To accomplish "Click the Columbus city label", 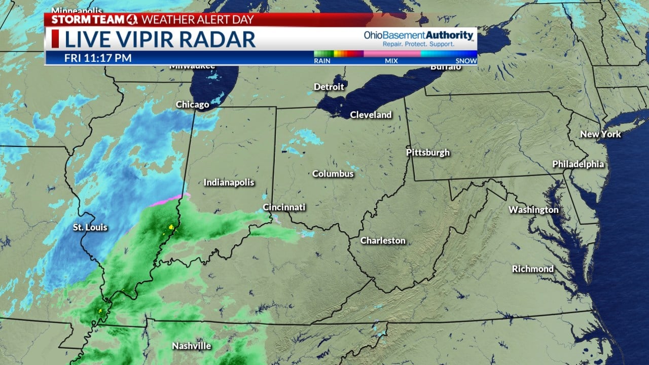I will click(333, 174).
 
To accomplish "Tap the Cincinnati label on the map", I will click(283, 207).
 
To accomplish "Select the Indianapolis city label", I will click(229, 182).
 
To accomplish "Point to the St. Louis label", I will click(90, 227).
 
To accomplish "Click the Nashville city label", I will click(191, 346).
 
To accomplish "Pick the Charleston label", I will click(382, 241).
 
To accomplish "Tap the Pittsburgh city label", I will click(427, 152).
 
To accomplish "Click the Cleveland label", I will click(371, 115).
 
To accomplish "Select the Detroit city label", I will click(329, 87).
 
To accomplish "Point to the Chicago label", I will click(192, 104).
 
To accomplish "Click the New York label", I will click(600, 134).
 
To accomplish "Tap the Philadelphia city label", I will click(578, 164).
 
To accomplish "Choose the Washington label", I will click(533, 210).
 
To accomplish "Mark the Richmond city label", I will click(532, 269).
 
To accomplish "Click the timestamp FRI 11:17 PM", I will click(98, 58).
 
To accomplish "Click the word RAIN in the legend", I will click(322, 61).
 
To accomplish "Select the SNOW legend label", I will click(466, 61).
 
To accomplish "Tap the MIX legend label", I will click(391, 61).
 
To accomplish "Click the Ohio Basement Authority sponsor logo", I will click(418, 38).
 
